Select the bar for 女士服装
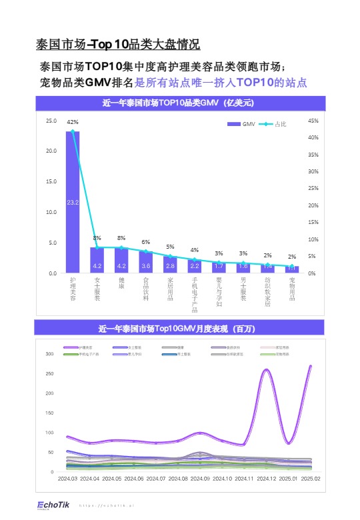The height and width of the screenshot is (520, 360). pos(97,261)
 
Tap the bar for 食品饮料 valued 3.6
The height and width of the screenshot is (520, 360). pos(146,263)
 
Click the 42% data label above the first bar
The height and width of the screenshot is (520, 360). pos(73,122)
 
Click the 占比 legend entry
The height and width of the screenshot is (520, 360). pos(273,124)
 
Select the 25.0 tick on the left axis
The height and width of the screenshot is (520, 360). pos(51,121)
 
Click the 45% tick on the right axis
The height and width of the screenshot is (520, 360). pos(313,121)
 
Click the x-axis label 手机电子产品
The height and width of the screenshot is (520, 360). pos(195,294)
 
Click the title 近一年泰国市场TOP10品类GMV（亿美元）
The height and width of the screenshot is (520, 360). pos(179,103)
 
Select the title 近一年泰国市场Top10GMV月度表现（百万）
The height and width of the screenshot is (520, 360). pos(179,329)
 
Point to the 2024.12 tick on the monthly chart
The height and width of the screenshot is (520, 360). pos(267,479)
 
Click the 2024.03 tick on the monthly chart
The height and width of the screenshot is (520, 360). pos(68,479)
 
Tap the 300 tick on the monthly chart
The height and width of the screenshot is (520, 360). pos(49,353)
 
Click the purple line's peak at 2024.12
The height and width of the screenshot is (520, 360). pos(267,369)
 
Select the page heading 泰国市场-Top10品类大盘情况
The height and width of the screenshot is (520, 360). pos(117,45)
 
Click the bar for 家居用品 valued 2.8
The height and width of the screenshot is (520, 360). pos(170,265)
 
